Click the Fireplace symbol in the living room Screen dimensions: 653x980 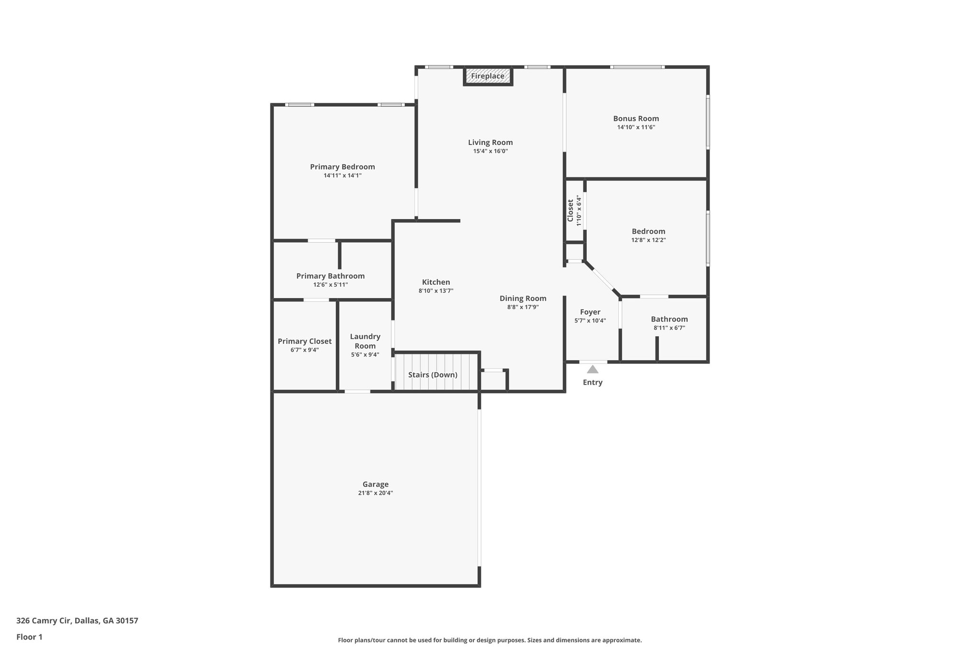(x=488, y=76)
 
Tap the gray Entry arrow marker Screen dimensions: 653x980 (x=592, y=369)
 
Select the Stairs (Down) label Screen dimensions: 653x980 (x=433, y=375)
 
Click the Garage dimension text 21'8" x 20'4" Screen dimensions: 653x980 (x=375, y=493)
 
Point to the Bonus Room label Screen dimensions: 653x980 (x=636, y=119)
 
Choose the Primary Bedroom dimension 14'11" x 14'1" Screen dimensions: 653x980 (x=342, y=176)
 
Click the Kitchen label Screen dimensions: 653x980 (x=435, y=282)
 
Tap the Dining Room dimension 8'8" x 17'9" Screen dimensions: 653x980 (x=523, y=307)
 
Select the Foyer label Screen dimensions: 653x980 (x=590, y=312)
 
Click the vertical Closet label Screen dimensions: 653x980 (x=570, y=210)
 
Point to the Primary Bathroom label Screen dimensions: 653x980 (x=330, y=276)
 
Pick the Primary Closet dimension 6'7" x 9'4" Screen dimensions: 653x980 (x=304, y=350)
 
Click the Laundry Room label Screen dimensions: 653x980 (x=365, y=341)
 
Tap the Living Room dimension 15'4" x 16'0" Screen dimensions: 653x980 (x=490, y=151)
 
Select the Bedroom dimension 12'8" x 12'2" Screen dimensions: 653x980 (x=648, y=240)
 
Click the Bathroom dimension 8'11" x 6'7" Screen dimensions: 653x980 (x=669, y=328)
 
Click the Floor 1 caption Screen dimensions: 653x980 (x=29, y=637)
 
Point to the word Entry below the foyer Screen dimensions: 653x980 (x=592, y=382)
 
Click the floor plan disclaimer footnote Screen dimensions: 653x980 (x=490, y=640)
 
